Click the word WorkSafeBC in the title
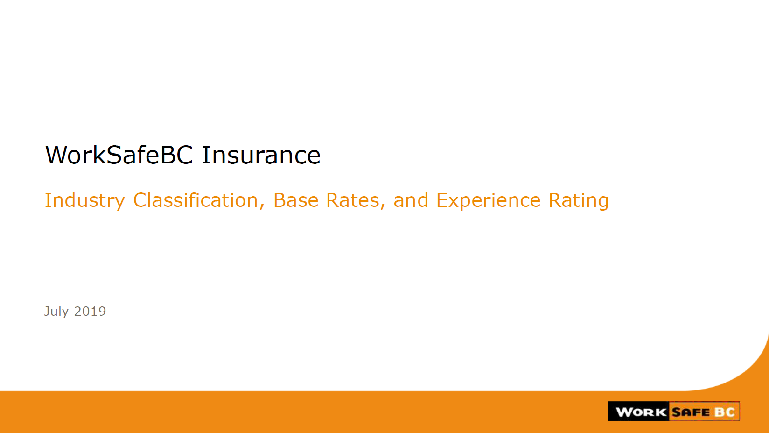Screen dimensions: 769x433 pyautogui.click(x=119, y=155)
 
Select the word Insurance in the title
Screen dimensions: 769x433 pyautogui.click(x=261, y=155)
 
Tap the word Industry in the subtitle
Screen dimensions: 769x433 pyautogui.click(x=85, y=201)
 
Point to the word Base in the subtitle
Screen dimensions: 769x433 pyautogui.click(x=295, y=200)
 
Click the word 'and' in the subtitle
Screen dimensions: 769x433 pyautogui.click(x=411, y=200)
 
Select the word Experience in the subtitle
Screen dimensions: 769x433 pyautogui.click(x=488, y=201)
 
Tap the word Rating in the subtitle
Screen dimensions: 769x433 pyautogui.click(x=579, y=201)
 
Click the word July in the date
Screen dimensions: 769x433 pyautogui.click(x=56, y=312)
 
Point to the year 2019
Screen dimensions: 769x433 pyautogui.click(x=90, y=311)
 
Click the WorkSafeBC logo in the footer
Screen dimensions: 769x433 pyautogui.click(x=673, y=411)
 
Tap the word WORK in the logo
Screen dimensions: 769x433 pyautogui.click(x=641, y=412)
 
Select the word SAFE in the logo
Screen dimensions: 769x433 pyautogui.click(x=691, y=412)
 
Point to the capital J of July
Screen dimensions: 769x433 pyautogui.click(x=47, y=312)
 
